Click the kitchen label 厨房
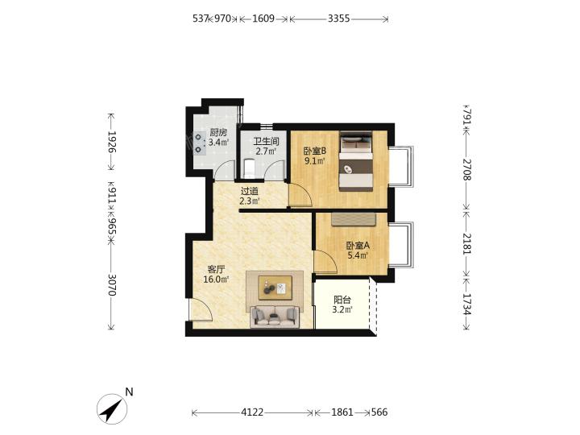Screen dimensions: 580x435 tap(218, 132)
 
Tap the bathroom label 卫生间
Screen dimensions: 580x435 tap(266, 142)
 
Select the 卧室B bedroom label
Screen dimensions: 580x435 tap(314, 151)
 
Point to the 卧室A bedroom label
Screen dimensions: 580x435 tap(358, 246)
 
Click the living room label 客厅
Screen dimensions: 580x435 tap(216, 269)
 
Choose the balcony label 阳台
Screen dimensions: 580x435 tap(342, 300)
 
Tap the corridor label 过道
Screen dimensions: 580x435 tap(249, 192)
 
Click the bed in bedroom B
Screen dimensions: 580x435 tap(356, 162)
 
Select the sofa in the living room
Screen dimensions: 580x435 tap(275, 317)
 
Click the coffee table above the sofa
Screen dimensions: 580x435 tap(275, 288)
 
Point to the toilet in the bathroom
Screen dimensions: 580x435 tap(250, 168)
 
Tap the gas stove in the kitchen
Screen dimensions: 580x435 tap(199, 143)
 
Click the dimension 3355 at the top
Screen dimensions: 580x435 tap(339, 19)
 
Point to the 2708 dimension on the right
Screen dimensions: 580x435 tap(466, 169)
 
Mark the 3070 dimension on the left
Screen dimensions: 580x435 tap(112, 285)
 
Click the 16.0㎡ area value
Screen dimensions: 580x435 tap(216, 280)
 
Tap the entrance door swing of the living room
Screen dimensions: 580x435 tap(201, 309)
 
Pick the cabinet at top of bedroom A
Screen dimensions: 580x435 tap(354, 219)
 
